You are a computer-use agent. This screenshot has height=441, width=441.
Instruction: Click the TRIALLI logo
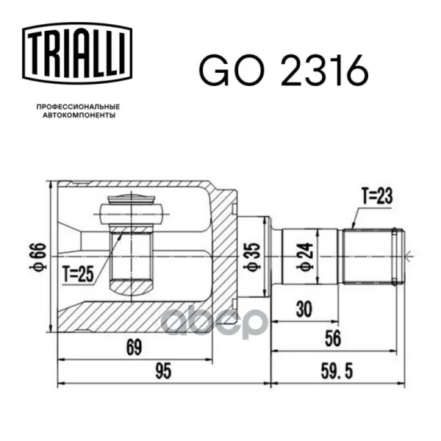tap(77, 53)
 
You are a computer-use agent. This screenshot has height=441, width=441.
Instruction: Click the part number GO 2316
tap(284, 70)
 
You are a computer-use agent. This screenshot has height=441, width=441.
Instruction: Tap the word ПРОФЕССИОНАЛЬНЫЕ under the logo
tap(79, 107)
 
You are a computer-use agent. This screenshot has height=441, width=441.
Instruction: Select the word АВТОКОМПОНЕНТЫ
tap(79, 115)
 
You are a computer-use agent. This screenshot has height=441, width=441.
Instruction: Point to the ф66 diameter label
tap(38, 257)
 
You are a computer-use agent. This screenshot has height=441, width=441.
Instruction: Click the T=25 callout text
tap(78, 274)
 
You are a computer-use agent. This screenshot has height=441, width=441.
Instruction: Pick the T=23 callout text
tap(376, 196)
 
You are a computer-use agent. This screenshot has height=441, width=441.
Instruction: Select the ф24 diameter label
tap(304, 256)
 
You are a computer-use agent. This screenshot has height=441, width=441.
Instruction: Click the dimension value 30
tap(304, 309)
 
